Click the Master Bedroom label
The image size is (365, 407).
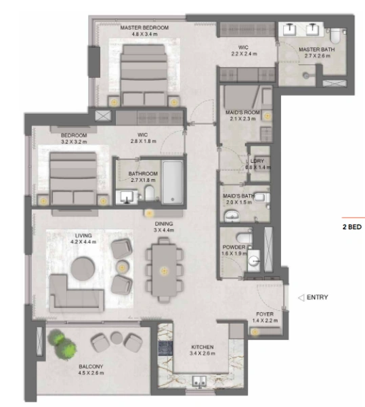(x=144, y=28)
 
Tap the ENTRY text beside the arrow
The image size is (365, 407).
(x=318, y=297)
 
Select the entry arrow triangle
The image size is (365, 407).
(x=300, y=297)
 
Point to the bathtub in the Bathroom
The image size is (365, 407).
(x=173, y=181)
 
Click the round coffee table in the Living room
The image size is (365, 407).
(x=87, y=268)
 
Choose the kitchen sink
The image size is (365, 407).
(x=200, y=382)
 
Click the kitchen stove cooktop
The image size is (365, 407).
(x=165, y=348)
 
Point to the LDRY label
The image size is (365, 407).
(x=257, y=160)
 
